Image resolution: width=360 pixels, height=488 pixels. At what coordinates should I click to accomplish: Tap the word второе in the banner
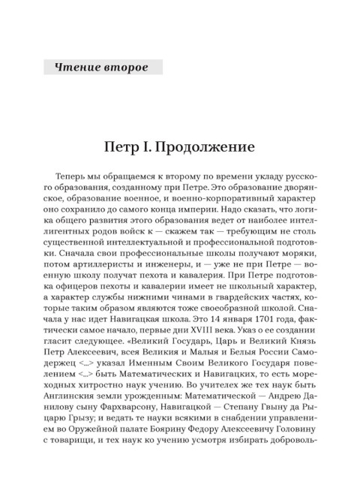[x=124, y=68]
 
